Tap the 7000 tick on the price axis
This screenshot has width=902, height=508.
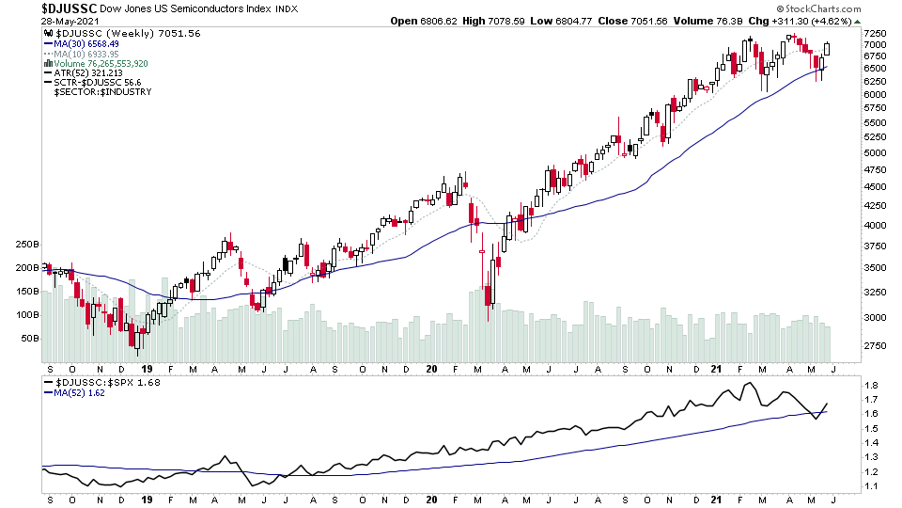click(875, 44)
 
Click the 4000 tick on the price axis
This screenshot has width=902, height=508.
click(875, 226)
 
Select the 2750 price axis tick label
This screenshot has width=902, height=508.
click(875, 346)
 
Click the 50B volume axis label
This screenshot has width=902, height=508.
click(28, 338)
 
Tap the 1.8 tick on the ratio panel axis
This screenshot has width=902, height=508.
click(871, 386)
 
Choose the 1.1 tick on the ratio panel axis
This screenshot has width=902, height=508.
click(871, 486)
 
